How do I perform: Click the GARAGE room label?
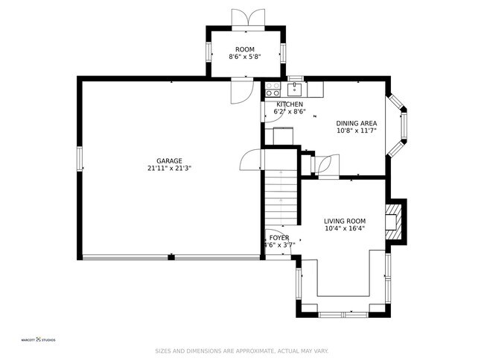click(x=169, y=160)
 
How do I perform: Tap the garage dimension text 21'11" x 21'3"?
click(x=169, y=169)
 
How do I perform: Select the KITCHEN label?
click(x=290, y=104)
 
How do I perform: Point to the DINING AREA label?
click(x=356, y=123)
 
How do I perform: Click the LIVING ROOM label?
click(x=344, y=221)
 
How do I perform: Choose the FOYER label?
click(x=279, y=237)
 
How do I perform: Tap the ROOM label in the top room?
click(x=244, y=49)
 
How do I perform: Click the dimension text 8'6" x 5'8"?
click(x=244, y=57)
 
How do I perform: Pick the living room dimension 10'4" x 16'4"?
click(x=344, y=229)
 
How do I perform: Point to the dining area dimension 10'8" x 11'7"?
click(x=356, y=131)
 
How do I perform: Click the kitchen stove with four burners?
click(x=273, y=90)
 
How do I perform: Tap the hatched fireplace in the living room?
click(x=392, y=222)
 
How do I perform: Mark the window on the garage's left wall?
click(x=79, y=160)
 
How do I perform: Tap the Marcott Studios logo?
click(x=37, y=340)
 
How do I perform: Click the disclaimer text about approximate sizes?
click(x=241, y=351)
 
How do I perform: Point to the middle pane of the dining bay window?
click(x=404, y=126)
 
